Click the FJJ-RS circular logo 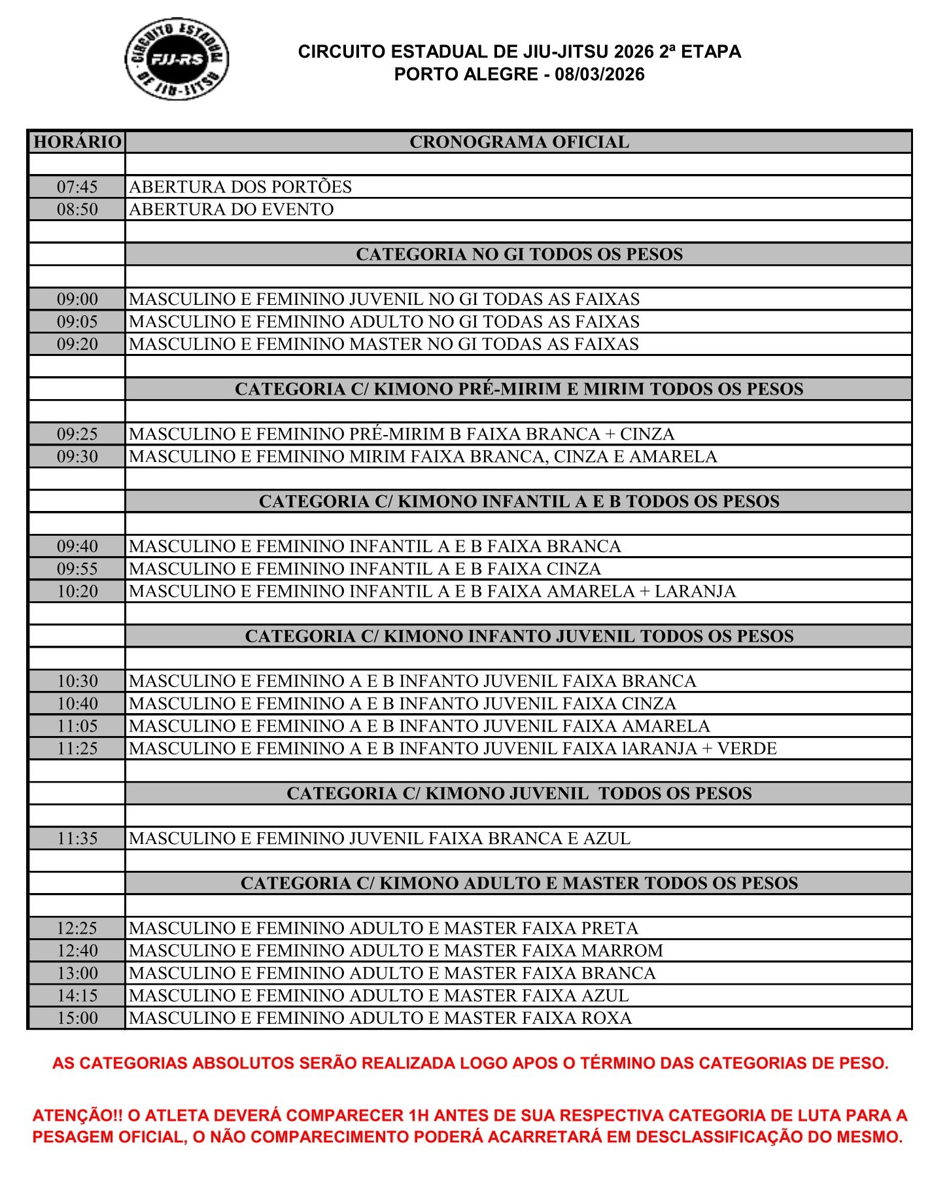[177, 59]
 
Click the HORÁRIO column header [77, 142]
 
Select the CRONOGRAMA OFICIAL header [519, 142]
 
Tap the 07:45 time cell [77, 187]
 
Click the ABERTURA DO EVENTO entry [232, 209]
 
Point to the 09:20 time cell [77, 344]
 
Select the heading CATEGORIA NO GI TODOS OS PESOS [519, 255]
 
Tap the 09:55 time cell [77, 569]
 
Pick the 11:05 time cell [77, 726]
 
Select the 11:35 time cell [77, 839]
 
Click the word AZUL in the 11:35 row [608, 839]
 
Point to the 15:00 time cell [77, 1018]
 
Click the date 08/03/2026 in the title [599, 75]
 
